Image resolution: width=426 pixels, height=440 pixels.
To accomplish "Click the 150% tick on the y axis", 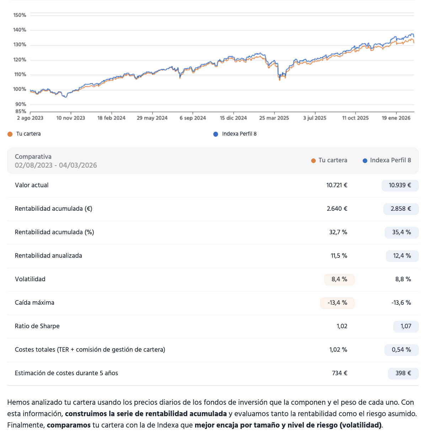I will [20, 15].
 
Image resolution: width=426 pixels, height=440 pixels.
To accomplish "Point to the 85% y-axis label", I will [21, 111].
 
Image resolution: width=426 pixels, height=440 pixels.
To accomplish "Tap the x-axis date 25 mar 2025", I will [274, 118].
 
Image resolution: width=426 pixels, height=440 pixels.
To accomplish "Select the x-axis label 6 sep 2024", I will [193, 118].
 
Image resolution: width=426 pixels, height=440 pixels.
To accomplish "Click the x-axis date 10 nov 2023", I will [71, 118].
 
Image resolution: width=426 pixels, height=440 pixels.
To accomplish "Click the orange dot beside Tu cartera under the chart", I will [10, 134].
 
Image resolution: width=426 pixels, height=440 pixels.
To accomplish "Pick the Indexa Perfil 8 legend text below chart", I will [239, 134].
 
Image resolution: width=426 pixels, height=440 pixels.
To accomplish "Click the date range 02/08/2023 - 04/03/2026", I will [56, 165].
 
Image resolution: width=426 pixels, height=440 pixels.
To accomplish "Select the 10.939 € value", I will [400, 185].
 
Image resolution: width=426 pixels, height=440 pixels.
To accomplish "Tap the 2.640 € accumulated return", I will [337, 209].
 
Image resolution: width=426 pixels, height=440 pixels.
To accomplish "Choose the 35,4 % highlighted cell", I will [401, 232].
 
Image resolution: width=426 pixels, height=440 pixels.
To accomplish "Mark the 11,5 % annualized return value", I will [339, 256].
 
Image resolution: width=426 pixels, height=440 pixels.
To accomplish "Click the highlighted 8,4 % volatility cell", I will [339, 279].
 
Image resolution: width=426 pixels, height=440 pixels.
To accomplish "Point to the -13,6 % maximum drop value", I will [401, 303].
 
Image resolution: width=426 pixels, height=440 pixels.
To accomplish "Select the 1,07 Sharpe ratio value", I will [406, 326].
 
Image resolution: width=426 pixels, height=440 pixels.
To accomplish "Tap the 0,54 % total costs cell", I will [401, 350].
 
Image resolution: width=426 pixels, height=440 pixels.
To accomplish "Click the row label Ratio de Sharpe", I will [37, 326].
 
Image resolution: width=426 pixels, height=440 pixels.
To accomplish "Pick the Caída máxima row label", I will [34, 303].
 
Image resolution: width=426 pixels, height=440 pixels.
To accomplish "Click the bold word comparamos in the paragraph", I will [69, 425].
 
